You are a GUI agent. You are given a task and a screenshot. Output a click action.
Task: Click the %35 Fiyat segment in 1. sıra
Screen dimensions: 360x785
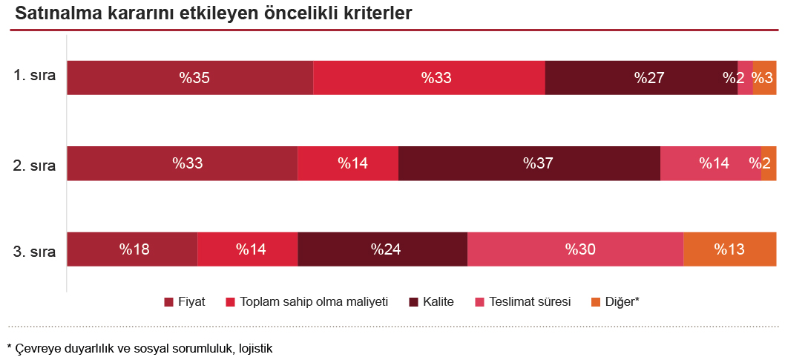coord(190,78)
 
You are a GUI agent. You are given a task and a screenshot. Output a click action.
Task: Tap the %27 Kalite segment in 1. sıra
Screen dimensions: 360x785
coord(641,78)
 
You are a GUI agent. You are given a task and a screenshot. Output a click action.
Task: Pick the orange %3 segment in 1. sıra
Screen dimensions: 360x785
coord(765,78)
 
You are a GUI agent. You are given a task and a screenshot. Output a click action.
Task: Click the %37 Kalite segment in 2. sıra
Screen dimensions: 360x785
coord(529,163)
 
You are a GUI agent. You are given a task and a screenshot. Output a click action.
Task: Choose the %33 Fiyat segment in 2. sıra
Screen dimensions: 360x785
coord(183,163)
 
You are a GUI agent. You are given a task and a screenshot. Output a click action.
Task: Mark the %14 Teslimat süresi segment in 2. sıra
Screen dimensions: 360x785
coord(710,163)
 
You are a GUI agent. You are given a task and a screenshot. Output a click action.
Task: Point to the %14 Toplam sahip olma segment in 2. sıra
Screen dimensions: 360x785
coord(348,163)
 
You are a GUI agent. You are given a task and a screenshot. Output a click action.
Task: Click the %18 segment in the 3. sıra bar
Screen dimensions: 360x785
coord(132,249)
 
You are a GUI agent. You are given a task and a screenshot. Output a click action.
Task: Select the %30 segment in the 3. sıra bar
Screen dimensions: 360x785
coord(575,249)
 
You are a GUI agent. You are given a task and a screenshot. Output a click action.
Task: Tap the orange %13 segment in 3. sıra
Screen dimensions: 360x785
coord(730,249)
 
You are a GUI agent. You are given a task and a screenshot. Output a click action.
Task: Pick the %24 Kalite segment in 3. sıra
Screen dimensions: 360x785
coord(382,249)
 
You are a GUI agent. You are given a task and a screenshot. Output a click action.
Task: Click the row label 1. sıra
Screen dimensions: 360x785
coord(34,76)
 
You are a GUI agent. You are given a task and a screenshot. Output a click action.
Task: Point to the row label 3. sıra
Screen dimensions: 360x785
coord(34,251)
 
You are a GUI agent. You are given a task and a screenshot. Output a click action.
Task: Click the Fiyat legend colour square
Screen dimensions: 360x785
coord(168,302)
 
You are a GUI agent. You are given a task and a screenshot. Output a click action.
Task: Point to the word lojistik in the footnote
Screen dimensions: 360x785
coord(252,347)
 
